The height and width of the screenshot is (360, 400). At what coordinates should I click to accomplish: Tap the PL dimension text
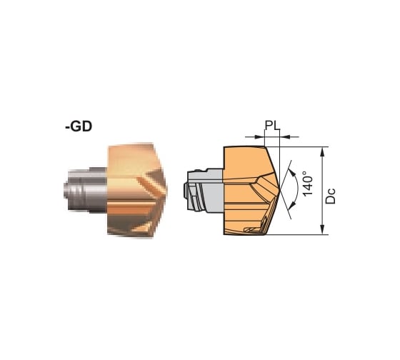pyautogui.click(x=271, y=125)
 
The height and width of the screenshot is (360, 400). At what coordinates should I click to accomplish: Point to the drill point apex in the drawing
pyautogui.click(x=279, y=189)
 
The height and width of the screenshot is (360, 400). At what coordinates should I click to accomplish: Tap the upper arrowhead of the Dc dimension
pyautogui.click(x=324, y=151)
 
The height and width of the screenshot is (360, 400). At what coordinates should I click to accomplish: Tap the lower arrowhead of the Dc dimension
pyautogui.click(x=324, y=229)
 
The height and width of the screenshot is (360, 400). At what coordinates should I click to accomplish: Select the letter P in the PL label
pyautogui.click(x=268, y=125)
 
